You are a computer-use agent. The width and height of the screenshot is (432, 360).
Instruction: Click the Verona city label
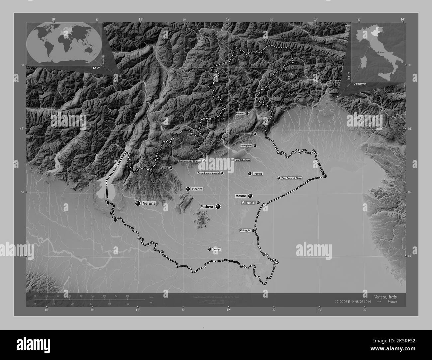tap(149, 203)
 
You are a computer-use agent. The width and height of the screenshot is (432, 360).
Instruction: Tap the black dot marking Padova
tap(218, 207)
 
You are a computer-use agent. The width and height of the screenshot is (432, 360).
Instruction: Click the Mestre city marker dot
tap(250, 196)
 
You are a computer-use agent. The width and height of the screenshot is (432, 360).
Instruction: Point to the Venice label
tap(248, 203)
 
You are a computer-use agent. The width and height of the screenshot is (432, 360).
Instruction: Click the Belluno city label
tap(240, 113)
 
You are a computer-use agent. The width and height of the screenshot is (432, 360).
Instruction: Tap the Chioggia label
tap(245, 230)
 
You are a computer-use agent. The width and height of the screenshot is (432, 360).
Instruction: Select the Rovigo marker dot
tap(209, 249)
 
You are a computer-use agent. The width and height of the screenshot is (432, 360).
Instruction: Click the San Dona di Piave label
tap(292, 178)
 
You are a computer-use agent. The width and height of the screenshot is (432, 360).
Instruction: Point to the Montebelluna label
tap(243, 160)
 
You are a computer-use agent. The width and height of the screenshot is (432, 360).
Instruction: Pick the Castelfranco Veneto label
tap(208, 173)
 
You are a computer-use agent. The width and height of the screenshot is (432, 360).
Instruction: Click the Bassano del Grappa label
tap(190, 161)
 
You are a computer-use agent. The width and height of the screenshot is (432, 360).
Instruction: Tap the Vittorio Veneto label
tap(244, 134)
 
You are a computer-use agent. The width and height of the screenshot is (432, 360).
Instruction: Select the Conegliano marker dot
tap(255, 145)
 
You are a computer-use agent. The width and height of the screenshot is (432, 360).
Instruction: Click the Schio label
tap(165, 168)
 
